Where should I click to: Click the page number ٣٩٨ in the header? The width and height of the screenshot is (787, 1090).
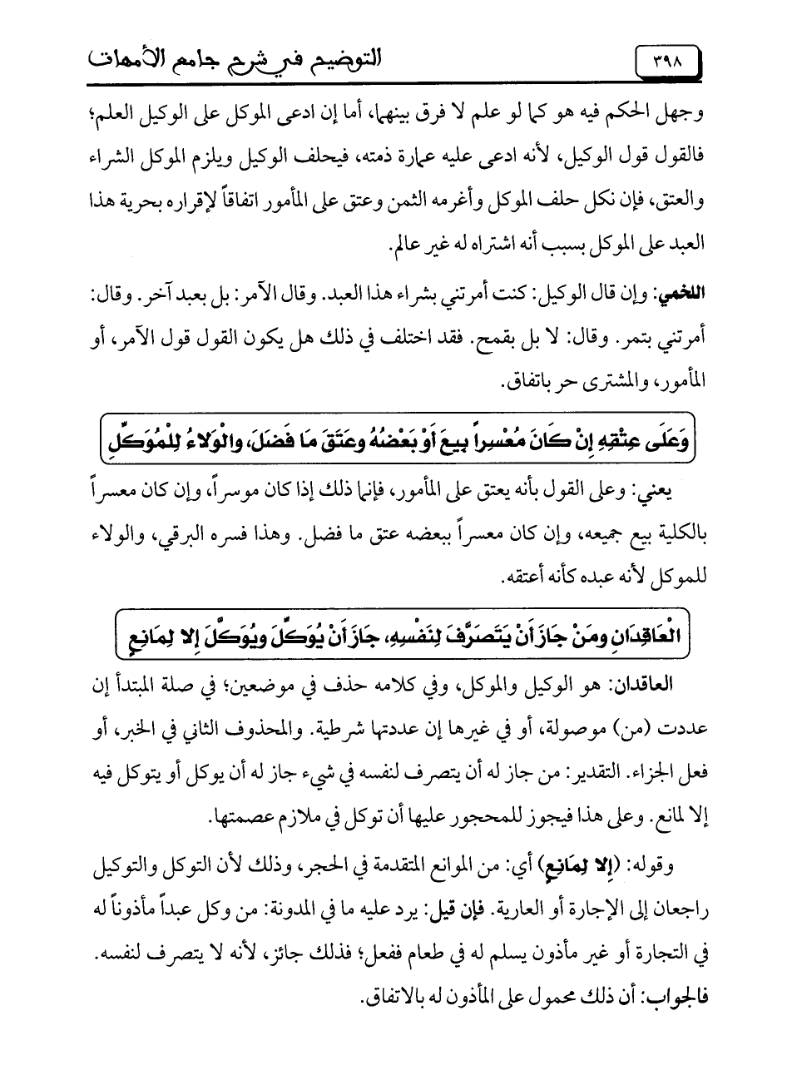click(x=666, y=62)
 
